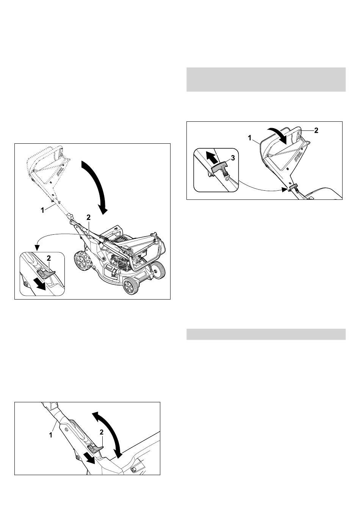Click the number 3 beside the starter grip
(x=233, y=158)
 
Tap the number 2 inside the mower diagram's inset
(x=49, y=258)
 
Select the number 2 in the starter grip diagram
(x=316, y=131)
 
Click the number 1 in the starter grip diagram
(x=250, y=138)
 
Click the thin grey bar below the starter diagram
(x=266, y=334)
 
